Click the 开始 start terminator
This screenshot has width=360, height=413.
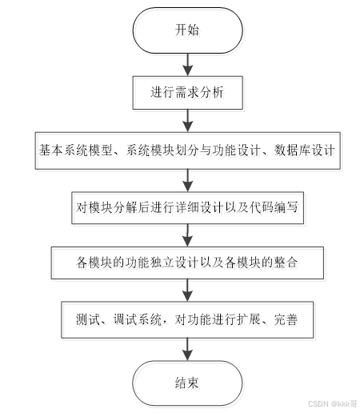[188, 30]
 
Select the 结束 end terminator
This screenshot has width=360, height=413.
[188, 383]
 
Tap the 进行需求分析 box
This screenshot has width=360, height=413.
[188, 93]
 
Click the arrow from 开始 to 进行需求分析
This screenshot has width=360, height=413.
[188, 65]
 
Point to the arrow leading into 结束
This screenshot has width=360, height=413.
[188, 349]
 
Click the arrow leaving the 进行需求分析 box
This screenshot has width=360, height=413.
[188, 121]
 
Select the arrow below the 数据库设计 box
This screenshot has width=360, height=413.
[188, 180]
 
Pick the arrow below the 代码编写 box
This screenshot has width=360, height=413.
[188, 235]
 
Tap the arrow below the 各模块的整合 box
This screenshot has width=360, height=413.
[188, 291]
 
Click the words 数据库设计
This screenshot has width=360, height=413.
[305, 150]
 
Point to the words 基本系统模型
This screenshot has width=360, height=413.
[75, 150]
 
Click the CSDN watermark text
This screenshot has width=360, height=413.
[332, 403]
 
